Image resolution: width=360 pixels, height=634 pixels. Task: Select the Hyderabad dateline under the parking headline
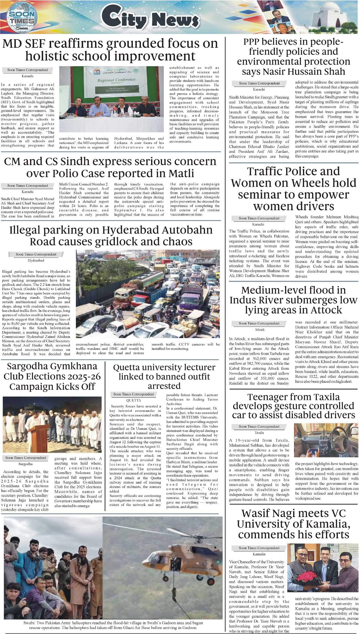point(36,260)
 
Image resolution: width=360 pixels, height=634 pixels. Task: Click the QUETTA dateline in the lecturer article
point(133,400)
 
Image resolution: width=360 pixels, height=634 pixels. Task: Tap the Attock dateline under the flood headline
point(259,330)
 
